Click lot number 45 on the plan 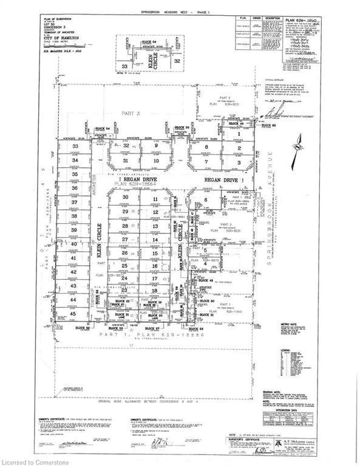pos(75,313)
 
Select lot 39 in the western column pos(75,230)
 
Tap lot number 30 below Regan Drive pos(126,198)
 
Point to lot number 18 pos(155,291)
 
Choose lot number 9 pos(155,146)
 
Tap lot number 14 pos(155,240)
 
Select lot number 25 pos(124,266)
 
